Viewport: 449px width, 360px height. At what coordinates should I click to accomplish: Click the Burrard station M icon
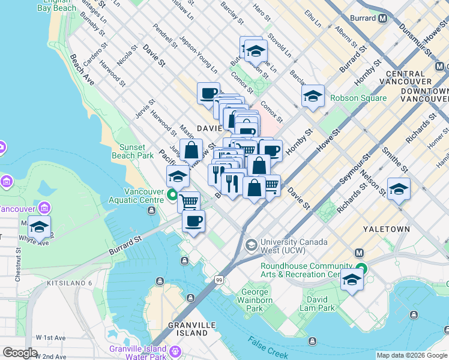click(x=382, y=18)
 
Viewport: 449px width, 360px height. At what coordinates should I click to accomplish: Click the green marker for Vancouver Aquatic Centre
click(x=172, y=194)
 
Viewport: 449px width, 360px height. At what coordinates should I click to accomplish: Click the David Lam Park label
click(x=318, y=304)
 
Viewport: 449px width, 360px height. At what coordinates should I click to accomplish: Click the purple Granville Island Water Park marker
click(x=175, y=350)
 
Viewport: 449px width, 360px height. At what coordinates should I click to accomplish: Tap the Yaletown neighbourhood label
click(x=386, y=229)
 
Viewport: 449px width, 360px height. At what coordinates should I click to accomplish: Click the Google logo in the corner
click(x=20, y=353)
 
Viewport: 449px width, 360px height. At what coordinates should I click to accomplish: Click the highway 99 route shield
click(x=220, y=280)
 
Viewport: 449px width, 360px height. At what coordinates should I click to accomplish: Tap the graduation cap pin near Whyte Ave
click(x=40, y=227)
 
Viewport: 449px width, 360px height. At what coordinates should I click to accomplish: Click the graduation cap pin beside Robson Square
click(x=313, y=96)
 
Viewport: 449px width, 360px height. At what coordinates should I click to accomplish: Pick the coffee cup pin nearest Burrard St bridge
click(x=193, y=221)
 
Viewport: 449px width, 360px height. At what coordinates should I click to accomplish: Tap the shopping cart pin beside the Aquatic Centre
click(x=189, y=202)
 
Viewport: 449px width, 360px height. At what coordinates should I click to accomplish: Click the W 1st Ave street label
click(x=50, y=338)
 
